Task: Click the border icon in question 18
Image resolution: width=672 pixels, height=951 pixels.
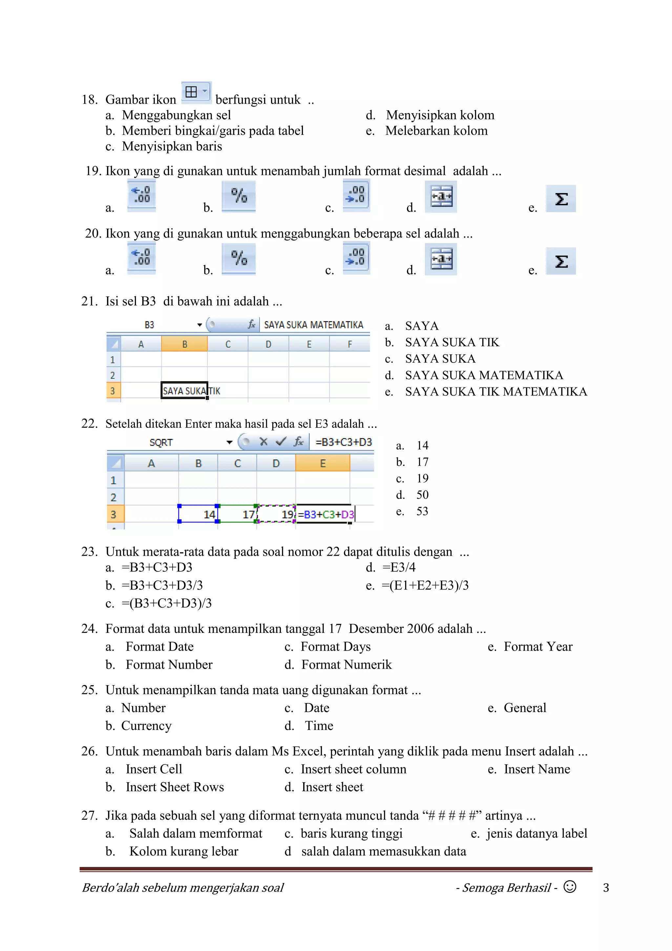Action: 196,92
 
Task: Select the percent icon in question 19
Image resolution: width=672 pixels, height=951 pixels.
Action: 239,196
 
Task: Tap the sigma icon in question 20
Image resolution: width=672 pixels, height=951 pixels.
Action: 561,261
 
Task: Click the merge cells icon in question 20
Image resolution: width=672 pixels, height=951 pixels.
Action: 441,259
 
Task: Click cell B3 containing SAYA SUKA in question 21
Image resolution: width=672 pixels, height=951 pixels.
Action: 184,390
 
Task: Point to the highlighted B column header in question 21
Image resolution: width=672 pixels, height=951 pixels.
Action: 184,344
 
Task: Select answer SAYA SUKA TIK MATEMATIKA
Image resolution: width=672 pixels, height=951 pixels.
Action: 496,391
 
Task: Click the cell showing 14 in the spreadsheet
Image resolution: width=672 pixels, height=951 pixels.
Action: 198,514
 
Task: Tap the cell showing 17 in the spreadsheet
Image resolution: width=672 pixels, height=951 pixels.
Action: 237,514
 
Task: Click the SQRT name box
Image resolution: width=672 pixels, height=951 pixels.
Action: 161,442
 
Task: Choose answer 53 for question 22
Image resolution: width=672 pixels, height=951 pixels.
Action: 422,511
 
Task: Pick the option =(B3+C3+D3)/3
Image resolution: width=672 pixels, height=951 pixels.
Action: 167,603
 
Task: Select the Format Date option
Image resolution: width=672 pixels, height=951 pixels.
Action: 159,647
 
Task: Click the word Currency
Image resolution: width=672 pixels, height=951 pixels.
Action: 146,726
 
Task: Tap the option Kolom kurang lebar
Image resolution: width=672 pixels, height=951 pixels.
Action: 184,851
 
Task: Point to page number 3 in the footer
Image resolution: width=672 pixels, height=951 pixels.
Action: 606,888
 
